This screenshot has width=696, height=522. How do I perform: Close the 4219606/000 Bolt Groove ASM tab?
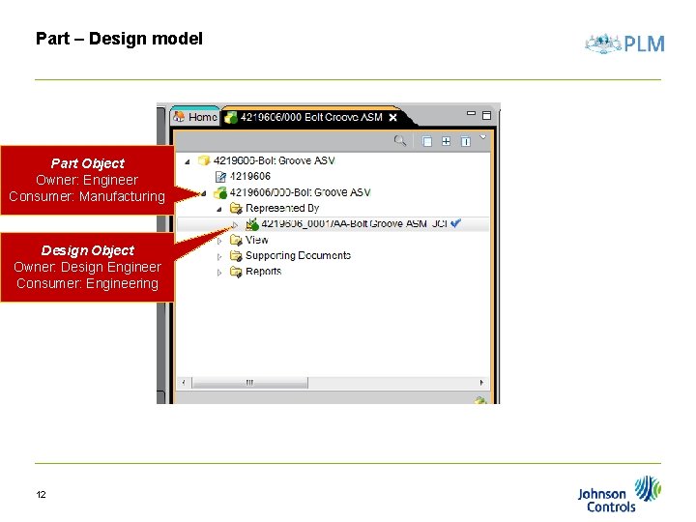coord(393,118)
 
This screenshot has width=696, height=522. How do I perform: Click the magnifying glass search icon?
coord(399,141)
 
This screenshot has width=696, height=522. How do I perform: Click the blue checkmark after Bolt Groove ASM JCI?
coord(456,223)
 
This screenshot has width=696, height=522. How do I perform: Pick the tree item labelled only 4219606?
coord(250,176)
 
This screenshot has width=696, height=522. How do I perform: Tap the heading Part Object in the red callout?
coord(87,163)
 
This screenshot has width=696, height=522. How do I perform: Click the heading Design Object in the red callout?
coord(87,250)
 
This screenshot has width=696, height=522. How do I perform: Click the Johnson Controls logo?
coord(620,494)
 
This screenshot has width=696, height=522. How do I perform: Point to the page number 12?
coord(42,495)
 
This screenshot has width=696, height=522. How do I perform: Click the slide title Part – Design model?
coord(119,40)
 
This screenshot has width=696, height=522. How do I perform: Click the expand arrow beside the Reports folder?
coord(220,273)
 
